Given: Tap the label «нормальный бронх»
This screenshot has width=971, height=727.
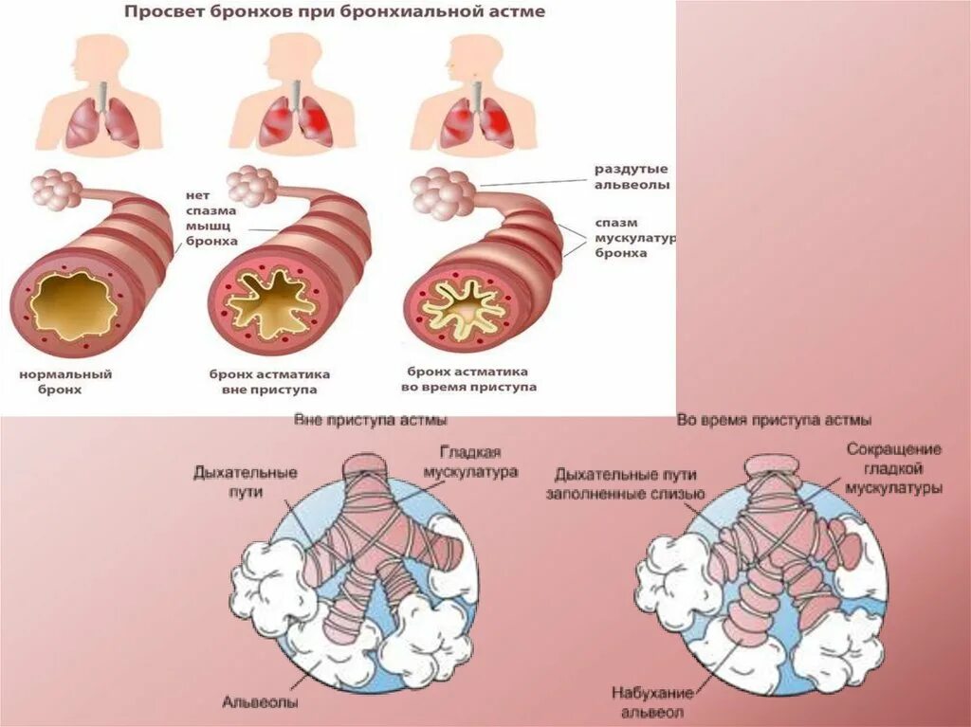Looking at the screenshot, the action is point(65,381).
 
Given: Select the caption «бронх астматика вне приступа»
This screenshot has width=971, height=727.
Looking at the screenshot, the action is point(263,381).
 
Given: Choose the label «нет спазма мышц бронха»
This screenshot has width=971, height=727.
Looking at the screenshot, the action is point(211,219).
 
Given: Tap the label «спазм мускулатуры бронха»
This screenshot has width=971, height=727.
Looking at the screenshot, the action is point(633,237).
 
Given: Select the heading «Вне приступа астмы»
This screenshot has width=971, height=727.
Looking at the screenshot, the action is point(371,419).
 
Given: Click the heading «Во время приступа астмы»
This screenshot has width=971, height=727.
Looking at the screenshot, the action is point(774,419).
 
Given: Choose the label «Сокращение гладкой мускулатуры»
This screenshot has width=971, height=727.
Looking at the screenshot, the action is point(892,467).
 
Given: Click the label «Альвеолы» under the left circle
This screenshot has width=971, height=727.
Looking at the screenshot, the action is point(261,702).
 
